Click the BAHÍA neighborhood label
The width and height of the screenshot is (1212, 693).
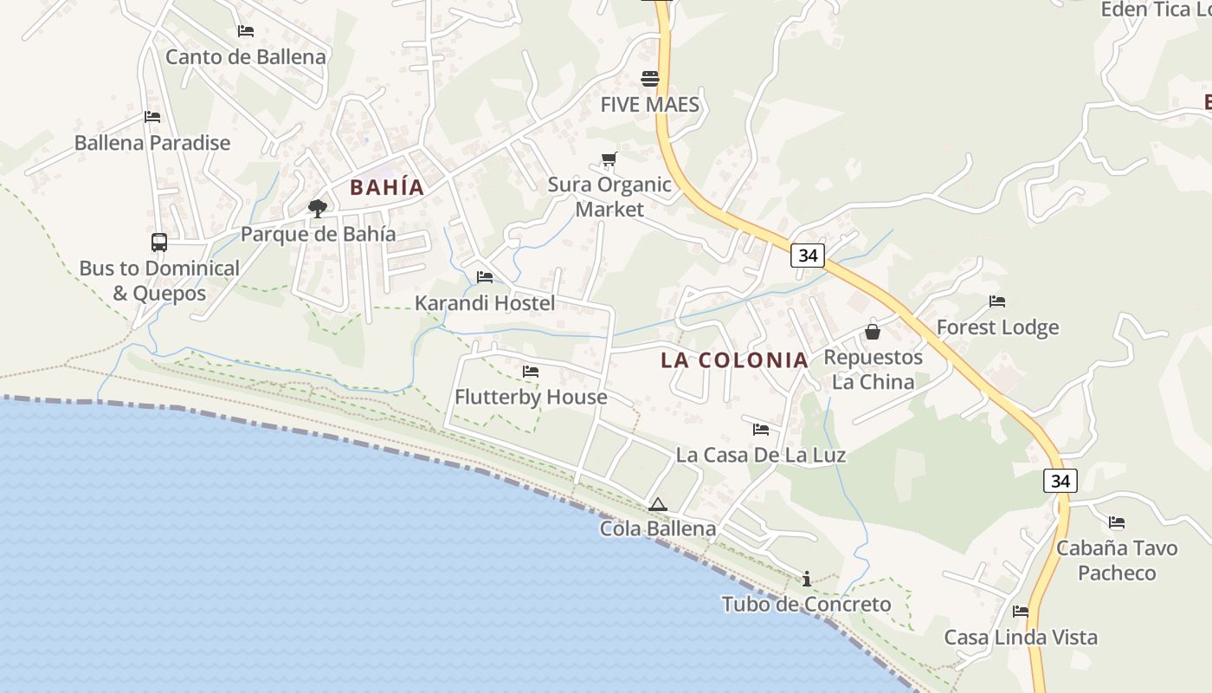click(387, 187)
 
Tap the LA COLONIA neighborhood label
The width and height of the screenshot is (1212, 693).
click(734, 360)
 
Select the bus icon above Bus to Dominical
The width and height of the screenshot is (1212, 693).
click(158, 243)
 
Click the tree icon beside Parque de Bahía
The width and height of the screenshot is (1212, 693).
click(318, 208)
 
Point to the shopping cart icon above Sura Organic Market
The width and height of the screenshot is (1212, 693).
click(609, 159)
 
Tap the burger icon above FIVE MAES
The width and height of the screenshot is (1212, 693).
click(650, 79)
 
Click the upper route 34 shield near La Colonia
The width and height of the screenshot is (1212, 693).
click(808, 256)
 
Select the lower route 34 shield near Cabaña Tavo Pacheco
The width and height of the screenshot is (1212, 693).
click(1060, 481)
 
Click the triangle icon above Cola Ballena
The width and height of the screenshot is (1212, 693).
click(658, 504)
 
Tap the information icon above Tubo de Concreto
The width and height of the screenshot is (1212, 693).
click(807, 579)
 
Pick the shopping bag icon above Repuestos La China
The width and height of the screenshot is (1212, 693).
click(873, 331)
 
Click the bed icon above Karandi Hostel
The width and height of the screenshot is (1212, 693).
click(485, 277)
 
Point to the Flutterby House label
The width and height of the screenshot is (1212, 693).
click(531, 397)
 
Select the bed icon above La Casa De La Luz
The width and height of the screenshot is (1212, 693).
click(761, 429)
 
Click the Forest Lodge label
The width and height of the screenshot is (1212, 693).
click(997, 327)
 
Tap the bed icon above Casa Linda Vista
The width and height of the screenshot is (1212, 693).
click(1021, 612)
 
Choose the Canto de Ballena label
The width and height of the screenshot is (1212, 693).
click(246, 57)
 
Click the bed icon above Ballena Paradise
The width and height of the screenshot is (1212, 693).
click(152, 117)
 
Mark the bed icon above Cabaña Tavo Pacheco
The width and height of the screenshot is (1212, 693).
click(1117, 522)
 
